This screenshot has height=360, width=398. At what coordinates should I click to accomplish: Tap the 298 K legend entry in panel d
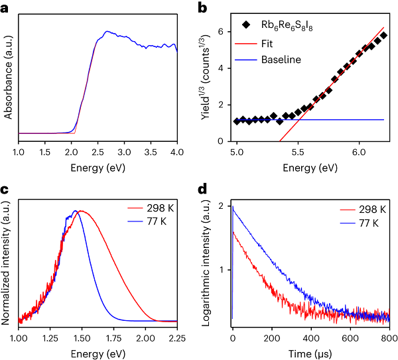pos(357,210)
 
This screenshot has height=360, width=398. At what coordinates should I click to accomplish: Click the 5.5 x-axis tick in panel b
pos(298,152)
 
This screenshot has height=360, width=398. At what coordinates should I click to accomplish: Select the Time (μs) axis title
pos(310,351)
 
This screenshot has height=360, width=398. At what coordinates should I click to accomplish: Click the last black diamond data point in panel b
pos(383,35)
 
